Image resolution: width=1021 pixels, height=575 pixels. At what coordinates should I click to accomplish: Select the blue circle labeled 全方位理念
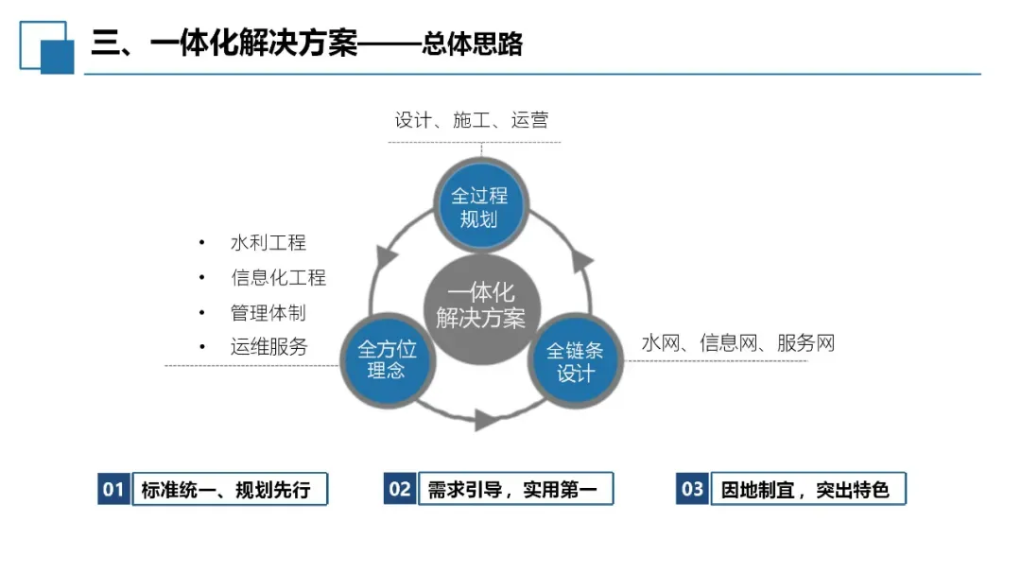386,360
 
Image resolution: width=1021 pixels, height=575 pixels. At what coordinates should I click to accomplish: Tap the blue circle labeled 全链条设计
576,362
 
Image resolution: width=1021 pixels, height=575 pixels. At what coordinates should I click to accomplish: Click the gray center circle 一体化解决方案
480,305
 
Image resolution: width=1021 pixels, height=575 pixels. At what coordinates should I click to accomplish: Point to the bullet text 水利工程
268,243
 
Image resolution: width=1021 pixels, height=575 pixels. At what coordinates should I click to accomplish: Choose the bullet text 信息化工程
278,278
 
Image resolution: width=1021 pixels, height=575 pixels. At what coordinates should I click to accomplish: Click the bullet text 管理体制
268,312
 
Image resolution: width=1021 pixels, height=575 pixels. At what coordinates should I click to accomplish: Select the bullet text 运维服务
268,347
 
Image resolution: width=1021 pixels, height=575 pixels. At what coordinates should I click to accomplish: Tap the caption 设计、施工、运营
471,120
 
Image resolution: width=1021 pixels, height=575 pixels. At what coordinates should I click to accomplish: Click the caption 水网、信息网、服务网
737,342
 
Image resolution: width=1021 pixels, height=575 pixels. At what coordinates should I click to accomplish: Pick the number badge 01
113,489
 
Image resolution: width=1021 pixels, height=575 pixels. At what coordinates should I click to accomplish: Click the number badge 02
400,489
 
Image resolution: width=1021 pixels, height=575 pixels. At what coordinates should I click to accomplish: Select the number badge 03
693,489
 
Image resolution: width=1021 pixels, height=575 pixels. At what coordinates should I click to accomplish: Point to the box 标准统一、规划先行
228,489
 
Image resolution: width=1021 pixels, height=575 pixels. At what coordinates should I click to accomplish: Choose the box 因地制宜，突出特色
806,489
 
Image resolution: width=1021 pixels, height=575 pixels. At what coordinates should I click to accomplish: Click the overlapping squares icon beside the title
46,46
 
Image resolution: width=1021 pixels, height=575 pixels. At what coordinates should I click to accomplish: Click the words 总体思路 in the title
474,44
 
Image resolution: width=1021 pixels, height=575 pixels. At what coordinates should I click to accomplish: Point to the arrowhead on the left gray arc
385,256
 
